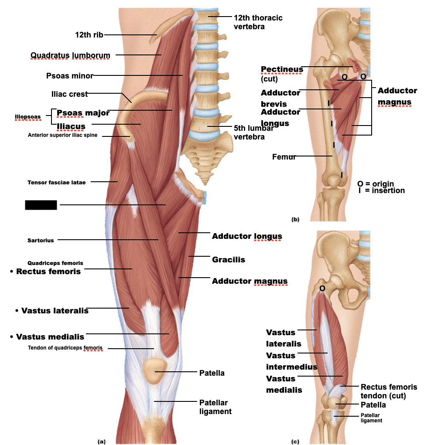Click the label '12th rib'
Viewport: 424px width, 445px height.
click(89, 35)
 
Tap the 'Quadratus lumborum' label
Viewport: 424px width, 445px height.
click(70, 55)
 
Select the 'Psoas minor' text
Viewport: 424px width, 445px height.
click(70, 76)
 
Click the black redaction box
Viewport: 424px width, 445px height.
click(41, 205)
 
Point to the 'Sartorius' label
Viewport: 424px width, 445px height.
click(41, 240)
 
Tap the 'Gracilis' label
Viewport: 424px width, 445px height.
click(228, 260)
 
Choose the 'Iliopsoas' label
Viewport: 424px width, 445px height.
click(27, 117)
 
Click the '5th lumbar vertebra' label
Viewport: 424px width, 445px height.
click(253, 132)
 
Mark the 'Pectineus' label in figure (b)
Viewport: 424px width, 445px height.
click(282, 70)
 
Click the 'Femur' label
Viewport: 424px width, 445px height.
click(284, 157)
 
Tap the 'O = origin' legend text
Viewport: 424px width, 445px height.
click(375, 184)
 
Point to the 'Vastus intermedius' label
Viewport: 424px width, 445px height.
click(291, 361)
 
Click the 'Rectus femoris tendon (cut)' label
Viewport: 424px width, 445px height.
click(389, 391)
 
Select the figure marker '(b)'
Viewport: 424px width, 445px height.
click(295, 219)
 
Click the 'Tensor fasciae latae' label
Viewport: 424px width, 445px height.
click(57, 183)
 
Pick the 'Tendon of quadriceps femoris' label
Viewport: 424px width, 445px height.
click(65, 348)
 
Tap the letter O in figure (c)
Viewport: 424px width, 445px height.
click(322, 288)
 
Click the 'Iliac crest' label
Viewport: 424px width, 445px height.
click(69, 94)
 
